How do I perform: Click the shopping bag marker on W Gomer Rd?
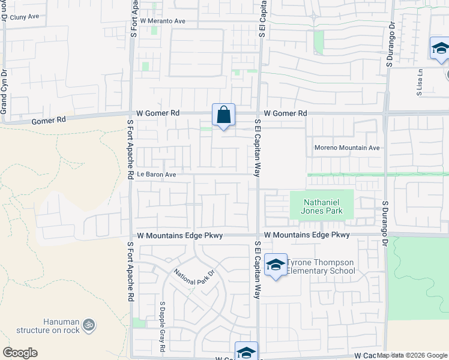223,114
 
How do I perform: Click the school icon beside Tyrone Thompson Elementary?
276,265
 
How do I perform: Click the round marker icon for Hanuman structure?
89,325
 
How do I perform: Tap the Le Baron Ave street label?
156,175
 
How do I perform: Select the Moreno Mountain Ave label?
347,148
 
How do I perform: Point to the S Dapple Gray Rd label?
162,318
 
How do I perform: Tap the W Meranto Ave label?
163,21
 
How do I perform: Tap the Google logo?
20,353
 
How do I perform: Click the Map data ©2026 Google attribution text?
412,355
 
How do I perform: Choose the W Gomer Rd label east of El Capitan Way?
285,113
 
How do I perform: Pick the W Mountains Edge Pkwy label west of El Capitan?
180,236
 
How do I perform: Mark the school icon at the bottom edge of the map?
246,352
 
